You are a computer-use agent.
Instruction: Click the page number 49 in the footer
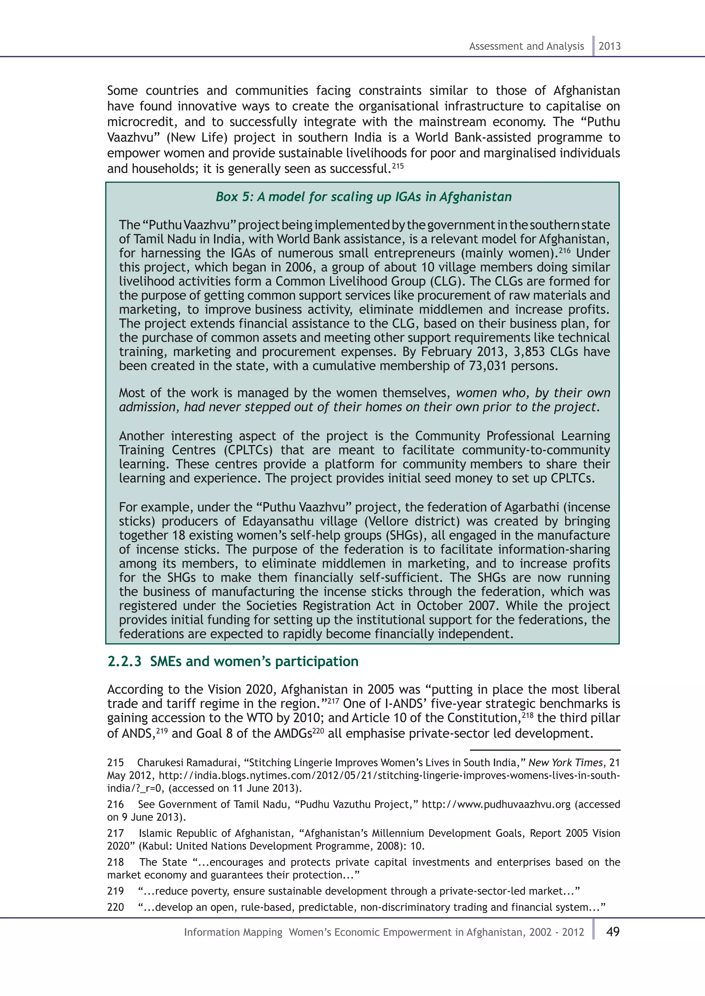pos(612,931)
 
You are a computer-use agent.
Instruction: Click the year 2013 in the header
pos(610,46)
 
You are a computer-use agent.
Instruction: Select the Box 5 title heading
pos(364,197)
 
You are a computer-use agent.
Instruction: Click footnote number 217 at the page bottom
pos(115,833)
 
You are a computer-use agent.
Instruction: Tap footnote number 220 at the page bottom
pos(115,907)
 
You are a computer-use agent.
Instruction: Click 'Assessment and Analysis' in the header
pos(526,46)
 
